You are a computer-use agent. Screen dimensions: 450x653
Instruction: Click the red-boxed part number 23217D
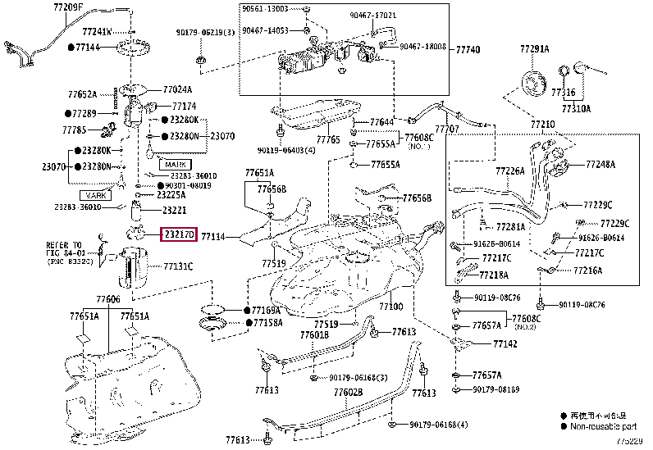[178, 234]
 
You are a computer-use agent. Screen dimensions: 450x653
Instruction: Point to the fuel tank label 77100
[391, 307]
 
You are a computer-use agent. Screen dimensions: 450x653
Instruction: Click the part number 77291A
[534, 50]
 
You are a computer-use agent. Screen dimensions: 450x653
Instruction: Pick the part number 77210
[542, 124]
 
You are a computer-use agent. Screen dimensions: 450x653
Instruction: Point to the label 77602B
[348, 393]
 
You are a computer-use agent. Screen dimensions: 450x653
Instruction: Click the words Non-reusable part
[604, 426]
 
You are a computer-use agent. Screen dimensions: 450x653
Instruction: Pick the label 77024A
[177, 90]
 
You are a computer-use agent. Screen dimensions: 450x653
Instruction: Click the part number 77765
[328, 140]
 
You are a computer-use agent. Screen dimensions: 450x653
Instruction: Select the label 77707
[446, 130]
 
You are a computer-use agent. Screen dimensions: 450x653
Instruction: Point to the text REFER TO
[63, 245]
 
